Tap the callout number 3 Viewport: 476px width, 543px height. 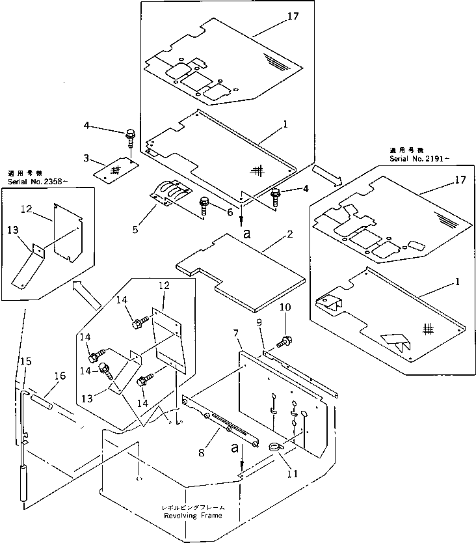coord(86,158)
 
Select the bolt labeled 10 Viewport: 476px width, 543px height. coord(284,340)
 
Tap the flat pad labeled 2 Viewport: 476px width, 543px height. coord(240,267)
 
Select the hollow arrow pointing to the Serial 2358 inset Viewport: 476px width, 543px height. coord(86,294)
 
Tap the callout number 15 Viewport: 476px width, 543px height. coord(25,361)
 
